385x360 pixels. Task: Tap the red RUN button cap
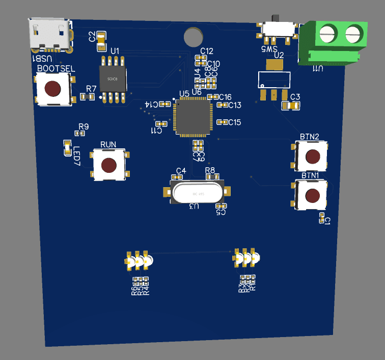coord(108,165)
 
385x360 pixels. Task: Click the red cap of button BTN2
coord(313,156)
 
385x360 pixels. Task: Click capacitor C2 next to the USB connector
coord(101,37)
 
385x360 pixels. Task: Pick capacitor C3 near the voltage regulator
coord(291,105)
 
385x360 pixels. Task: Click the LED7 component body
coord(67,147)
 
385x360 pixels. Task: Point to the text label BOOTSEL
coord(57,68)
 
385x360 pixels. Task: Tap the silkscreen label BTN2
coord(310,137)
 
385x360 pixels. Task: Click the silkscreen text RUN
coord(108,145)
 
